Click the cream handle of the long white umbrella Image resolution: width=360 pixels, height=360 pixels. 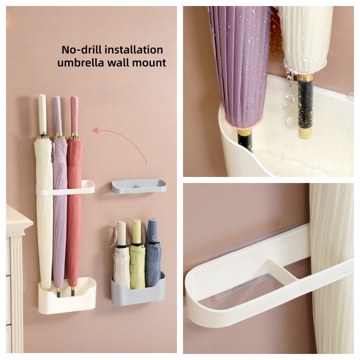pos(42,114)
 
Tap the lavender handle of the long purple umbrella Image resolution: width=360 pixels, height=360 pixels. pos(58,115)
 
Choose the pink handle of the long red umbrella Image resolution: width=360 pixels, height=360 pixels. pos(74,115)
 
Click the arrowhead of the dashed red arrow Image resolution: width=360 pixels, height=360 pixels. pos(95,131)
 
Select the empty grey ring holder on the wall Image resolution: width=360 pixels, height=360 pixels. pos(139,186)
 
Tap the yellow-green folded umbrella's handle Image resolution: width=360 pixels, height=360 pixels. pos(136,231)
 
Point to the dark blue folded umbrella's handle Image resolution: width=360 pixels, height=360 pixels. pos(152,230)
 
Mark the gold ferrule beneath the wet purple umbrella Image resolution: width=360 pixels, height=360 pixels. pos(245,132)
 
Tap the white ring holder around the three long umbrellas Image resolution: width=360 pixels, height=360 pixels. pos(65,188)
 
